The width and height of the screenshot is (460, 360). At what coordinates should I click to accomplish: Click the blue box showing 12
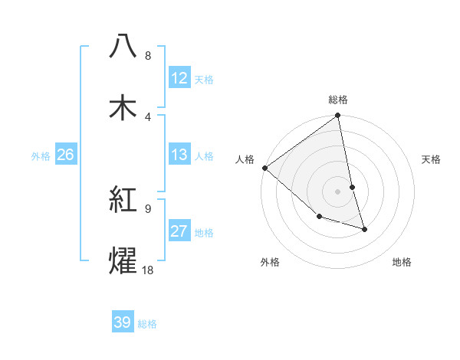coord(179,77)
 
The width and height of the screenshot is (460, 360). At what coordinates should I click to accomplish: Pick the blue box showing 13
coord(179,155)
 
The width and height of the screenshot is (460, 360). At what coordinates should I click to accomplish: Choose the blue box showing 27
coord(179,231)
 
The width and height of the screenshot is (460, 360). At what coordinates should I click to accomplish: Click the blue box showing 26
coord(65,155)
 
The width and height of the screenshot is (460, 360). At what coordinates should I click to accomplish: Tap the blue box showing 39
coord(123,322)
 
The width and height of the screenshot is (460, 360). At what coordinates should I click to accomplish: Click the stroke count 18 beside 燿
coord(147,270)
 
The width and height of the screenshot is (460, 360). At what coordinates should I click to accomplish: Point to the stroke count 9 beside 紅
coord(148,208)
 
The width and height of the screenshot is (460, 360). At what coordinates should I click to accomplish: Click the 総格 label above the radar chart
coord(338,100)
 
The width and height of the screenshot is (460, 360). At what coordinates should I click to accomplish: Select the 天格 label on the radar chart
coord(432,159)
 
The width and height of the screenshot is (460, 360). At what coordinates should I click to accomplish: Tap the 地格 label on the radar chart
coord(402,262)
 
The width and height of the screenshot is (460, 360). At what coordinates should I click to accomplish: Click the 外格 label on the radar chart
coord(270,262)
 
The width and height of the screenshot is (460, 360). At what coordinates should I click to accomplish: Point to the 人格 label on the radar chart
coord(245,159)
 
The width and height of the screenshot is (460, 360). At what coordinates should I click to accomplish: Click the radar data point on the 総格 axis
coord(338,116)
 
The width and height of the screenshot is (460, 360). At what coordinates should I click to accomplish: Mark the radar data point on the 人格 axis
coord(264,168)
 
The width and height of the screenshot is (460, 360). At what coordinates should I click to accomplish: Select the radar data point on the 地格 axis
coord(364,229)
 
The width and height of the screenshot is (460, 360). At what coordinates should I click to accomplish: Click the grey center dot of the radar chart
coord(338,191)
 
